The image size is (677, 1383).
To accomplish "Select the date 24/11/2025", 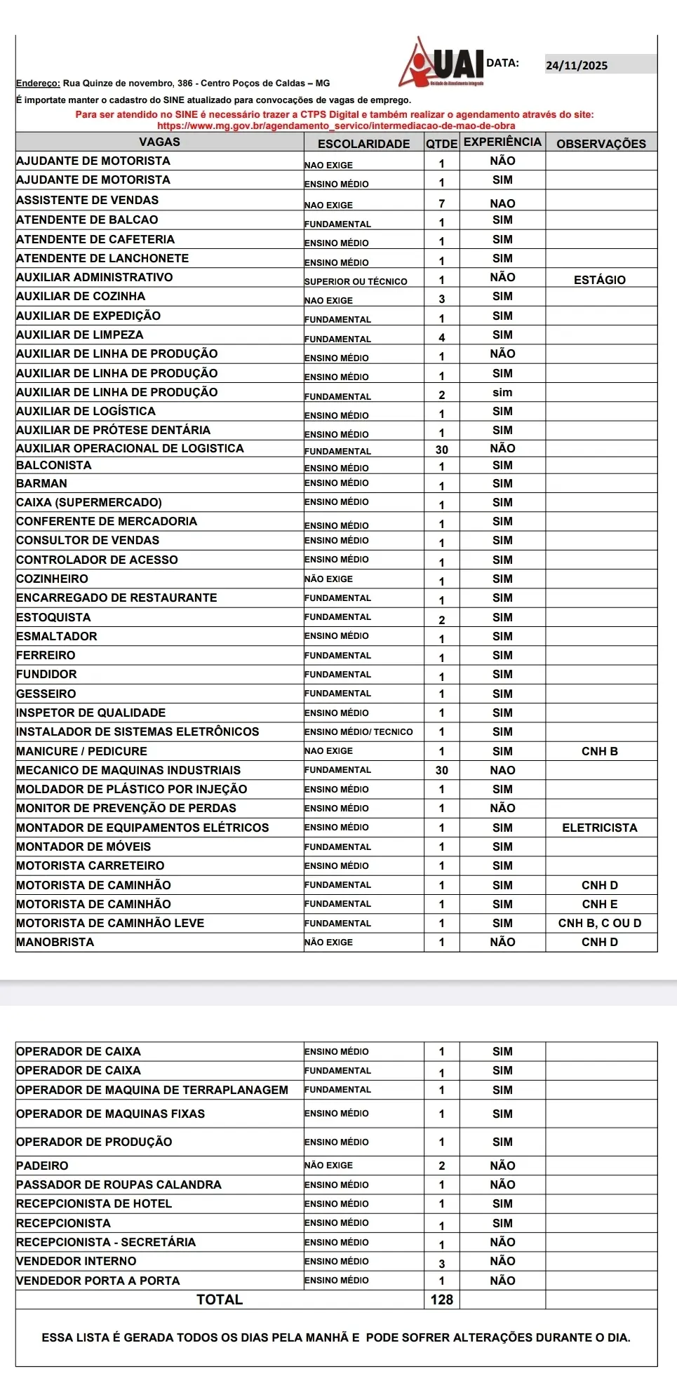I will [x=577, y=65].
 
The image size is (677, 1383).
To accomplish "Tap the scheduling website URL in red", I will [x=336, y=126].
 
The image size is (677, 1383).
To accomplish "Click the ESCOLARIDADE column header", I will [x=363, y=144].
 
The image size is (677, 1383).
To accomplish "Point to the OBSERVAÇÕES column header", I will [x=601, y=144].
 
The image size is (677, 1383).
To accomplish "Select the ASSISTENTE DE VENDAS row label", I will [x=88, y=201].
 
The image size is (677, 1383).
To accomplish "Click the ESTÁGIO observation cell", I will [x=599, y=280].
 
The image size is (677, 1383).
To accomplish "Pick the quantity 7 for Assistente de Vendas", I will [x=442, y=204].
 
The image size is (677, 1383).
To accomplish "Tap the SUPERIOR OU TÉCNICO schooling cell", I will [x=356, y=281].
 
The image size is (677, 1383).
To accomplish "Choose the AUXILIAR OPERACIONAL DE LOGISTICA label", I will [x=130, y=448].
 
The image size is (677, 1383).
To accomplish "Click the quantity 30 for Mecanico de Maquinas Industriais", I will [x=442, y=770].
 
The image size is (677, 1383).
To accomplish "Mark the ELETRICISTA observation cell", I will [x=600, y=828].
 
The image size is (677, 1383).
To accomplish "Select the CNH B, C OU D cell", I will [x=600, y=923].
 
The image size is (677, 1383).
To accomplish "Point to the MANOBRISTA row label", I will [x=55, y=942].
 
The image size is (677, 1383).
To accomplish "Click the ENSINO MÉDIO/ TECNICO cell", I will [x=358, y=731].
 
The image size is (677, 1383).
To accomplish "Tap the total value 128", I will [x=442, y=1300].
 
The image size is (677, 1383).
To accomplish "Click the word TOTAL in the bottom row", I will [x=220, y=1300].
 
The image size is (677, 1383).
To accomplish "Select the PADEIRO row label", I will [x=43, y=1166].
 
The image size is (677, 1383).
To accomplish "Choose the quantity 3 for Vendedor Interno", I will [x=442, y=1264].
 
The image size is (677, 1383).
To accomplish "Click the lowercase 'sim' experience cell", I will [x=502, y=393].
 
